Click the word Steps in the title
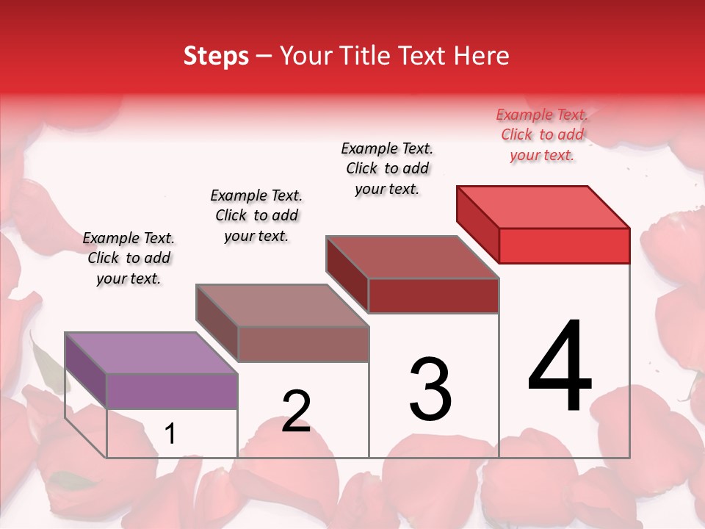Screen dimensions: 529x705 pyautogui.click(x=216, y=56)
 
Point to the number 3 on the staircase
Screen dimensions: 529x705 pyautogui.click(x=430, y=389)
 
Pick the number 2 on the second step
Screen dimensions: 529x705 pyautogui.click(x=296, y=411)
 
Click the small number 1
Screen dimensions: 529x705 pyautogui.click(x=170, y=434)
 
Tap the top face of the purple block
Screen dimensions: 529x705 pyautogui.click(x=151, y=353)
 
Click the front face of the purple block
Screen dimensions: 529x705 pyautogui.click(x=172, y=391)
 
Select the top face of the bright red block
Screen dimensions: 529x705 pyautogui.click(x=543, y=206)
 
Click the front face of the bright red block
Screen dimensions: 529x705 pyautogui.click(x=564, y=245)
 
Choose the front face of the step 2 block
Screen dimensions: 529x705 pyautogui.click(x=303, y=344)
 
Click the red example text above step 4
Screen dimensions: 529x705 pyautogui.click(x=542, y=135)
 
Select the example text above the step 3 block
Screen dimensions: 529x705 pyautogui.click(x=388, y=168)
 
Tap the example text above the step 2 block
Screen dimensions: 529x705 pyautogui.click(x=256, y=215)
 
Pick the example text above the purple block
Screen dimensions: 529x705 pyautogui.click(x=129, y=258)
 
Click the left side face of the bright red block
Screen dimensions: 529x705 pyautogui.click(x=477, y=223)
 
